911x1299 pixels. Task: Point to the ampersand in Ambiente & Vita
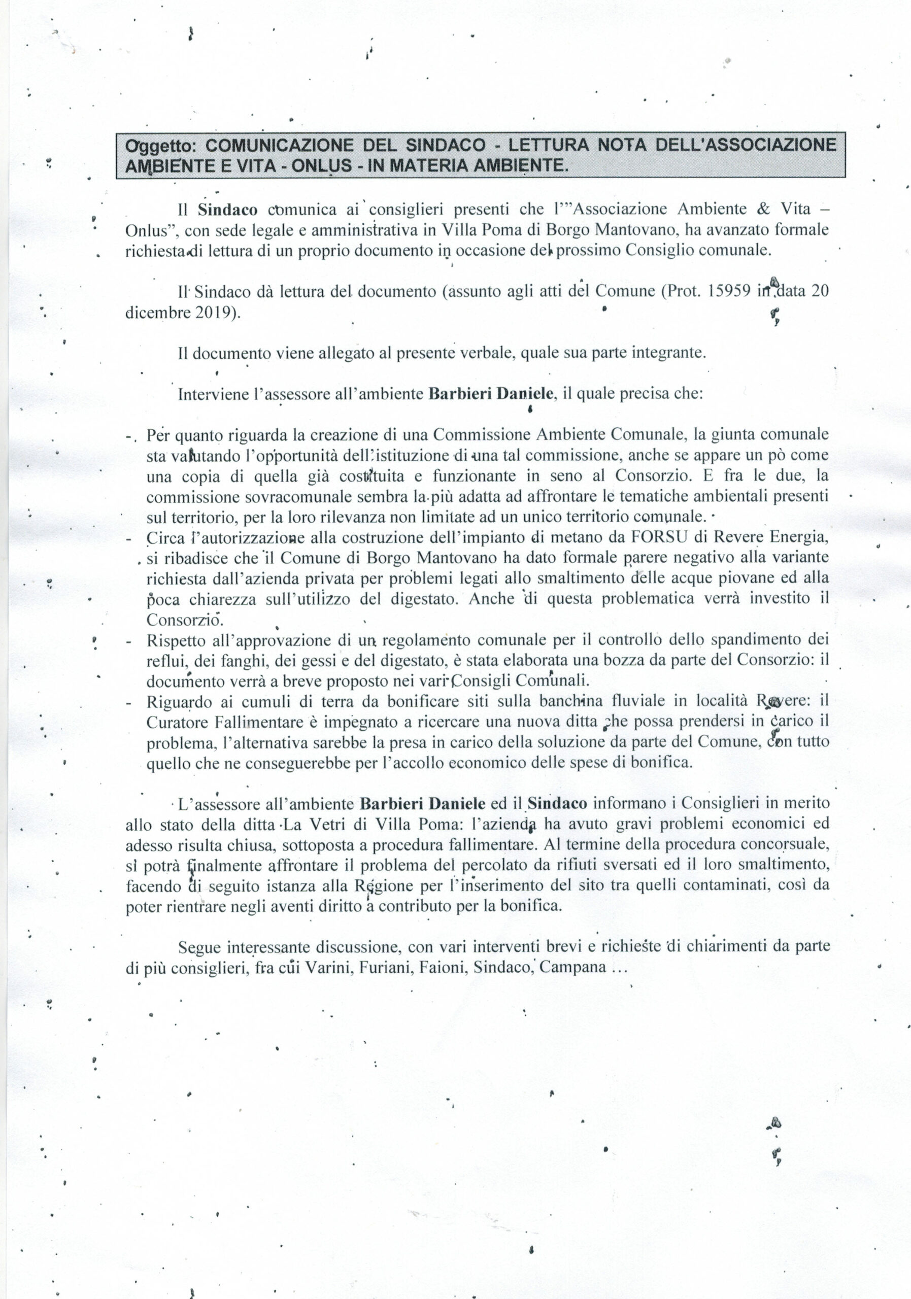pos(763,210)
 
